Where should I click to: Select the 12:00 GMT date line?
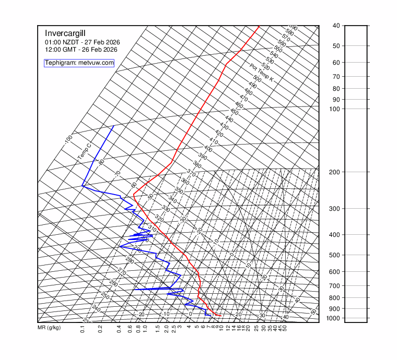81,50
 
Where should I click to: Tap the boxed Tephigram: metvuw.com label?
79,63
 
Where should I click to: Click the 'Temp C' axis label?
85,151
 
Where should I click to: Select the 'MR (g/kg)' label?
49,328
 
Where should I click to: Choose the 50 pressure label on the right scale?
336,46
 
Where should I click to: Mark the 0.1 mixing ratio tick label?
83,329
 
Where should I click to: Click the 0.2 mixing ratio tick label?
100,329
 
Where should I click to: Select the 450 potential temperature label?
234,112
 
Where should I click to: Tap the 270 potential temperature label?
122,272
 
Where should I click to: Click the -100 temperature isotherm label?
68,140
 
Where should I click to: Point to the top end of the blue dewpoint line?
114,126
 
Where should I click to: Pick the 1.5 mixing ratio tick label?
158,329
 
